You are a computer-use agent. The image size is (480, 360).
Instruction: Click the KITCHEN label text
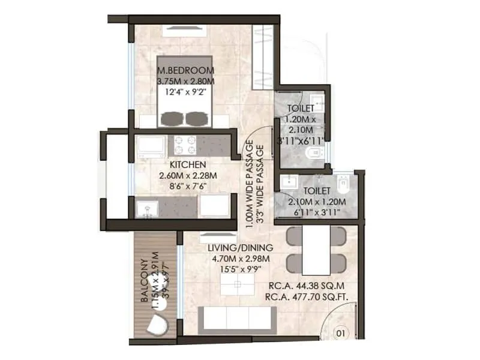click(x=188, y=164)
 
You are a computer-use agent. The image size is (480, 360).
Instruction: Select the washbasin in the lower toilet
click(x=287, y=181)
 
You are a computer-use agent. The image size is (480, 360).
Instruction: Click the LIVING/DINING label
click(x=240, y=247)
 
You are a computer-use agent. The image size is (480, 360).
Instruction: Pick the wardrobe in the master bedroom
click(x=262, y=57)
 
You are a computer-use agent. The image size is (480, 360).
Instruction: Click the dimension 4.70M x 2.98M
click(x=240, y=259)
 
